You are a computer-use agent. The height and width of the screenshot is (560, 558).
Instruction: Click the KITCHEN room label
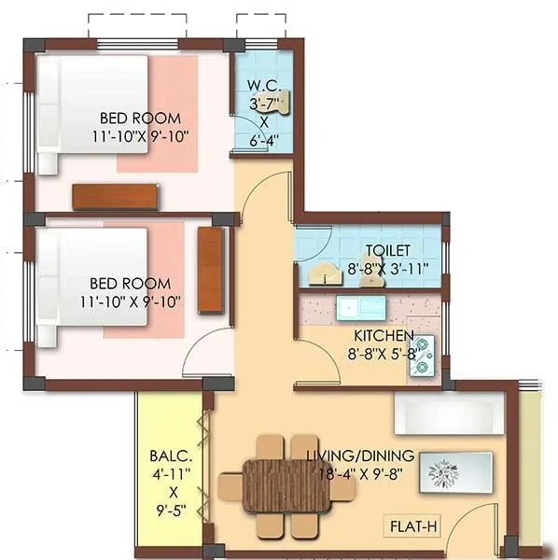coord(384,335)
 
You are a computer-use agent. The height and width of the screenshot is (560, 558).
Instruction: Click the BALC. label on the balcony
coord(172,457)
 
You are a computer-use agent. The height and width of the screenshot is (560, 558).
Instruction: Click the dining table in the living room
coord(286,485)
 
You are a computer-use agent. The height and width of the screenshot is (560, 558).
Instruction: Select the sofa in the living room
coord(449,413)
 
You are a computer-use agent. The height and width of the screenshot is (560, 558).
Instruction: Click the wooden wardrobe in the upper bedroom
coord(115,196)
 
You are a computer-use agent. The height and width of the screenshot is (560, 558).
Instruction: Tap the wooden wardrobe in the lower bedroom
coord(211,270)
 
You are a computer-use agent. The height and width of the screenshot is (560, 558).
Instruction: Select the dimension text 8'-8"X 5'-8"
coord(384,354)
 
